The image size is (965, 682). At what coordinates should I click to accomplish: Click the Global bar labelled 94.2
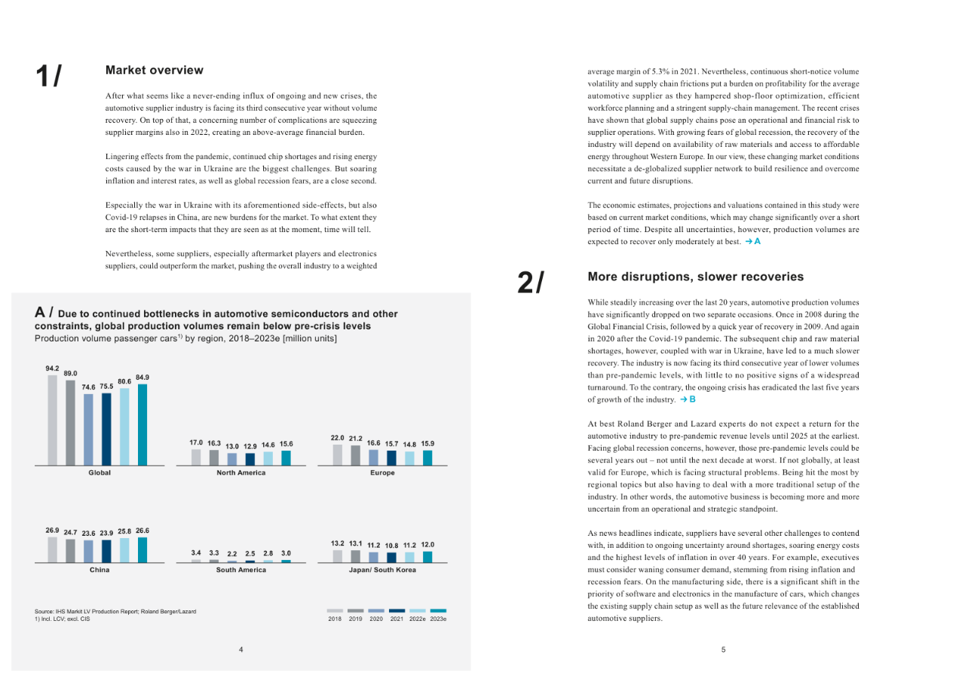coord(52,420)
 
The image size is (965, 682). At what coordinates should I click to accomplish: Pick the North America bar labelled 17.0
coord(196,457)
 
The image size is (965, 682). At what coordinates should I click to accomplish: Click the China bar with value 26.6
coord(142,549)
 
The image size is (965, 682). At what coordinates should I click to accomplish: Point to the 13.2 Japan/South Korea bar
coord(337,556)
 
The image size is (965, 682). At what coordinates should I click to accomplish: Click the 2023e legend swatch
coord(438,610)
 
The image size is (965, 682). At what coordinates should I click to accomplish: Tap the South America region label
coord(240,570)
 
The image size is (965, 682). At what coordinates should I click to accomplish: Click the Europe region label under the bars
coord(382,473)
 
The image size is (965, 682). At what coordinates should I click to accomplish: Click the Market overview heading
coord(155,70)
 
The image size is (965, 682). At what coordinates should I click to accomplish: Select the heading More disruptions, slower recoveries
coord(695,277)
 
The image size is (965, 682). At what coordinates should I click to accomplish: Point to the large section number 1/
coord(48,76)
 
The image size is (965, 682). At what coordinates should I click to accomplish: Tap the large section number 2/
coord(531,282)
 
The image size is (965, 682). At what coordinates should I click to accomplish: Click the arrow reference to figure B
coord(688,399)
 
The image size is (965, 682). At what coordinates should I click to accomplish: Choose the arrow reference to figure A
coord(752,242)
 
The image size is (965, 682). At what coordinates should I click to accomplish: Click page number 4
coord(240,649)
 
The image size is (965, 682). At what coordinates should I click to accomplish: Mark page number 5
coord(723,649)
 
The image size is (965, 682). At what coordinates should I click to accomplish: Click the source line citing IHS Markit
coord(115,611)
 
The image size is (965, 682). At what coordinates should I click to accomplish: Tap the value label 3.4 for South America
coord(196,552)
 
